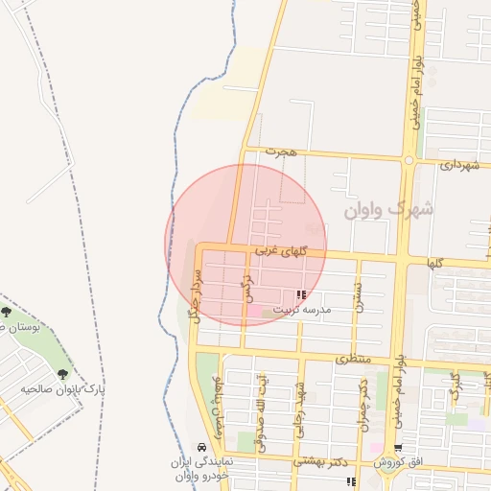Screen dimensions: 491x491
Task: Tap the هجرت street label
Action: (x=283, y=152)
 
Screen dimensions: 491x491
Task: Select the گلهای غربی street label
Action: (x=279, y=250)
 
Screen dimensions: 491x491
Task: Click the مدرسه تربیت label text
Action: (x=301, y=310)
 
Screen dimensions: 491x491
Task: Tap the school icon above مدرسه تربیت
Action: (x=301, y=295)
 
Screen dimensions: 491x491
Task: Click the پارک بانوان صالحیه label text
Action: (x=67, y=390)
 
